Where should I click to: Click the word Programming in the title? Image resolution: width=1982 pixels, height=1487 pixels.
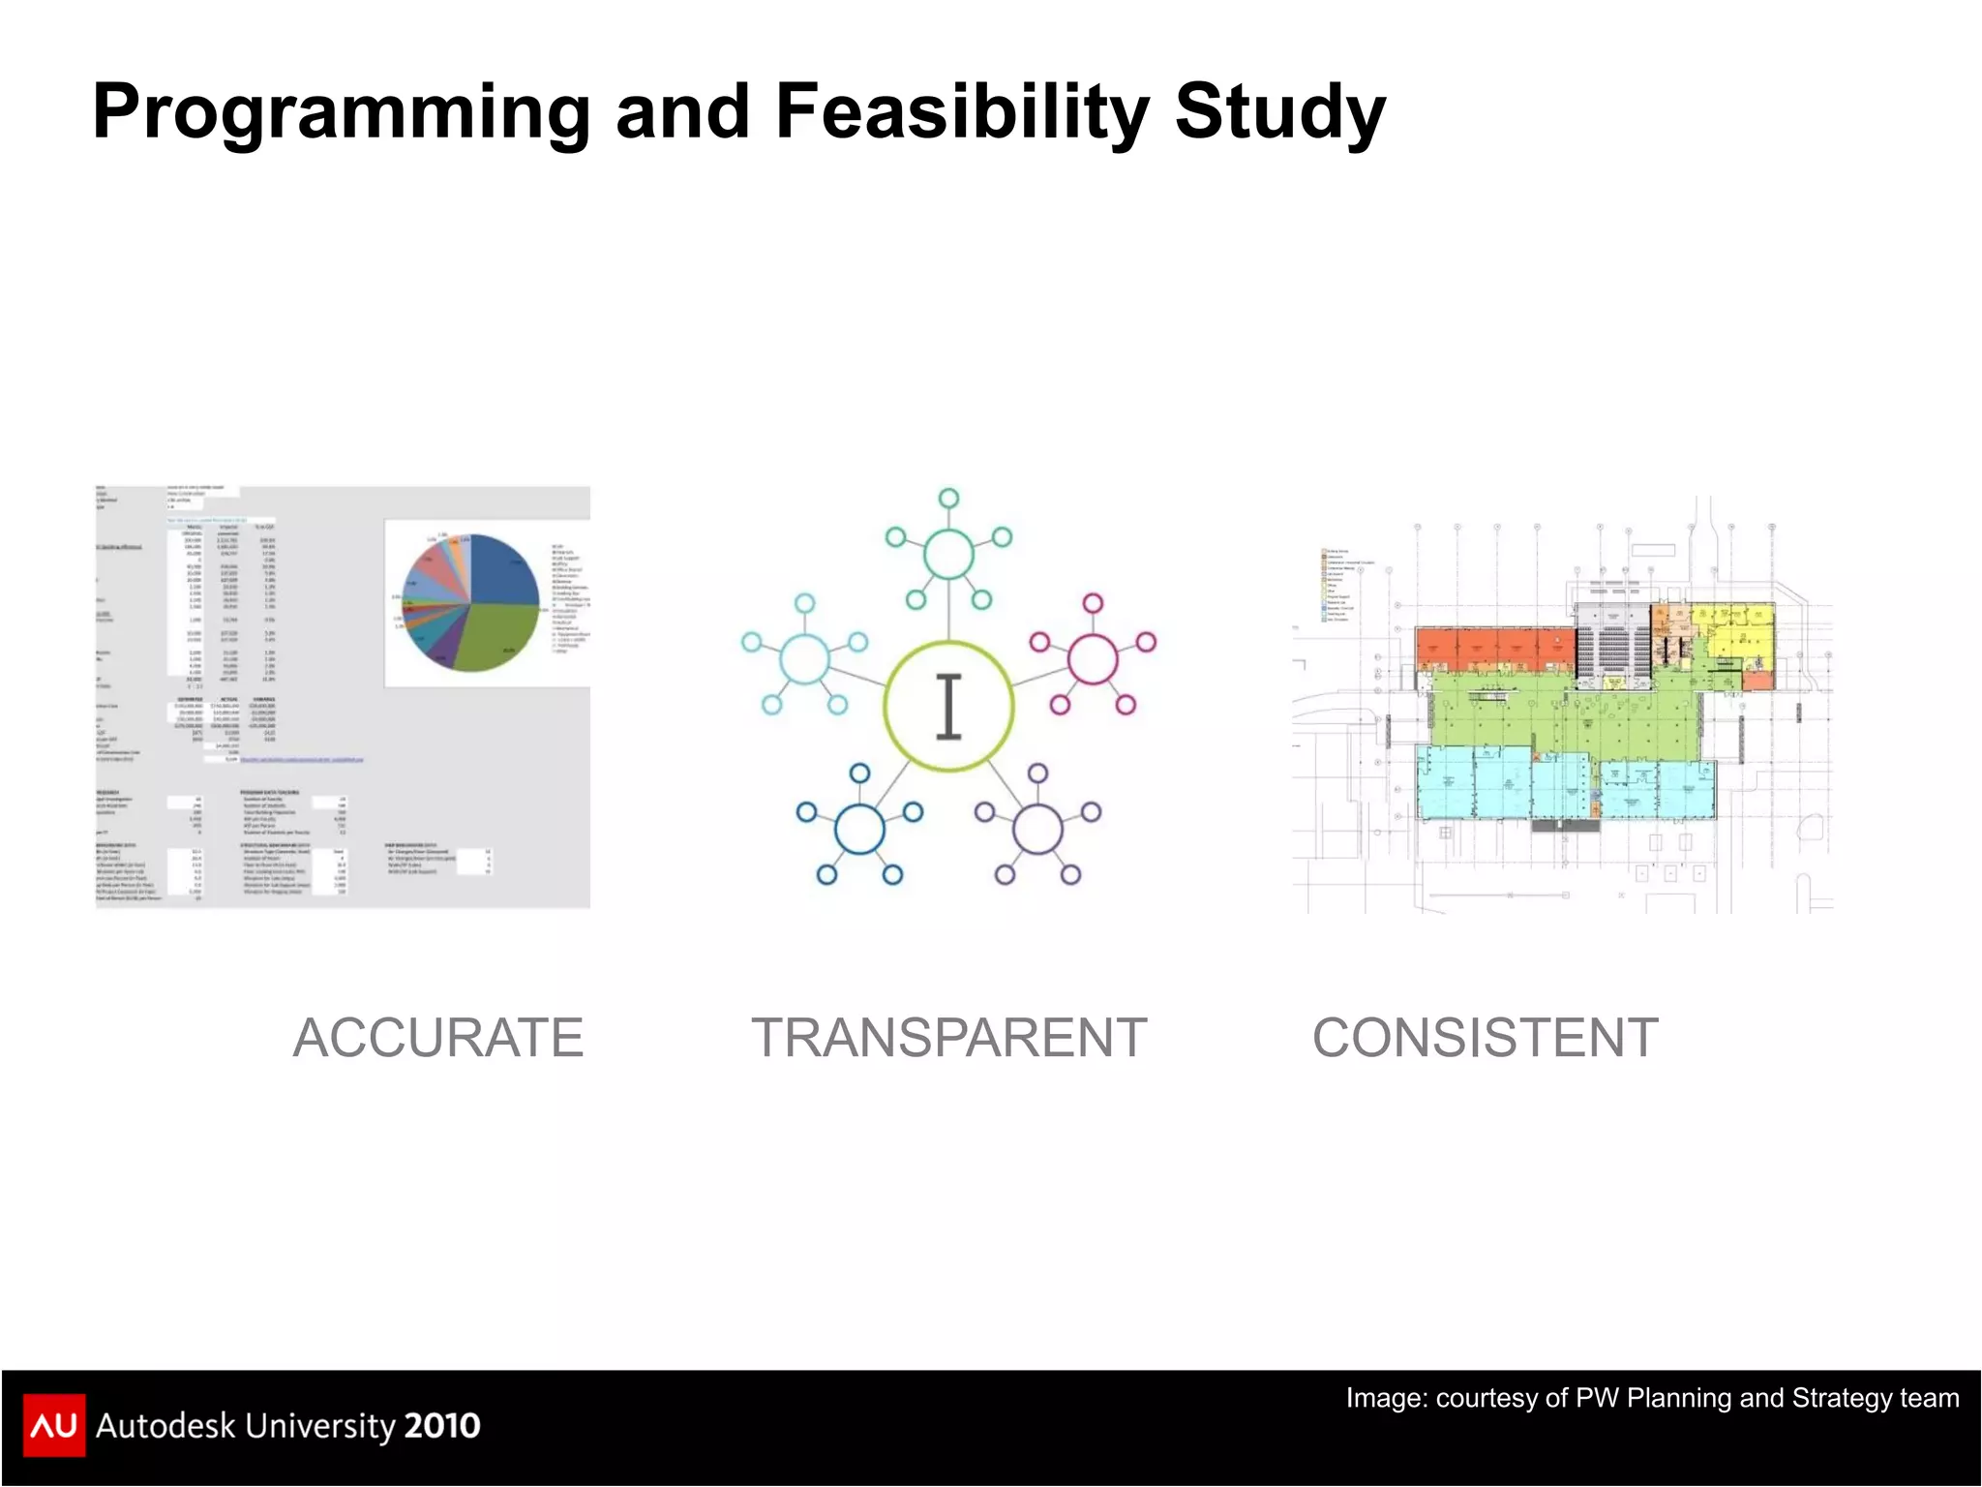(x=341, y=112)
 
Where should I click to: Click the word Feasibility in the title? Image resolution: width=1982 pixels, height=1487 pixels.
(x=961, y=112)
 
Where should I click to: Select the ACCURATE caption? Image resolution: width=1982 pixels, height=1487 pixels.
(x=437, y=1038)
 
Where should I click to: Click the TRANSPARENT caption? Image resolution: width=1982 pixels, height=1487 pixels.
(x=948, y=1038)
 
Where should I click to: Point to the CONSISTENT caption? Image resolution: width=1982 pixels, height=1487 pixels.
(x=1485, y=1038)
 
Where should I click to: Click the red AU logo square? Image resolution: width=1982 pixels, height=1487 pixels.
(x=54, y=1425)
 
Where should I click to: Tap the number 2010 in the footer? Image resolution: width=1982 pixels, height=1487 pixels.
(x=441, y=1425)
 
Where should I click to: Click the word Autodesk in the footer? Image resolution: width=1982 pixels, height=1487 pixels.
(x=165, y=1425)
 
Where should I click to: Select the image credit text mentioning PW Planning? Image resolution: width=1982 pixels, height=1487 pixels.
(x=1652, y=1398)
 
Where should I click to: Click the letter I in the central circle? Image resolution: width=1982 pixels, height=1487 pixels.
(x=948, y=707)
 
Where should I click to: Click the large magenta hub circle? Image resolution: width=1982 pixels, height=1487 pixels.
(x=1093, y=659)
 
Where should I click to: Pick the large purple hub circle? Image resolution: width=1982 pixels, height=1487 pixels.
(x=1037, y=830)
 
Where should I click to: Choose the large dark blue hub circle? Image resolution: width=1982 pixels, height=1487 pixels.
(x=859, y=830)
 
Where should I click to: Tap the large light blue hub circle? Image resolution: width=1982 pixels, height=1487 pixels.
(x=804, y=659)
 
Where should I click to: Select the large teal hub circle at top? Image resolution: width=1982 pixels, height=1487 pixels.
(x=948, y=554)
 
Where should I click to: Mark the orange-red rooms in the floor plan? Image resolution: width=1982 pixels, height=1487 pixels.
(x=1490, y=647)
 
